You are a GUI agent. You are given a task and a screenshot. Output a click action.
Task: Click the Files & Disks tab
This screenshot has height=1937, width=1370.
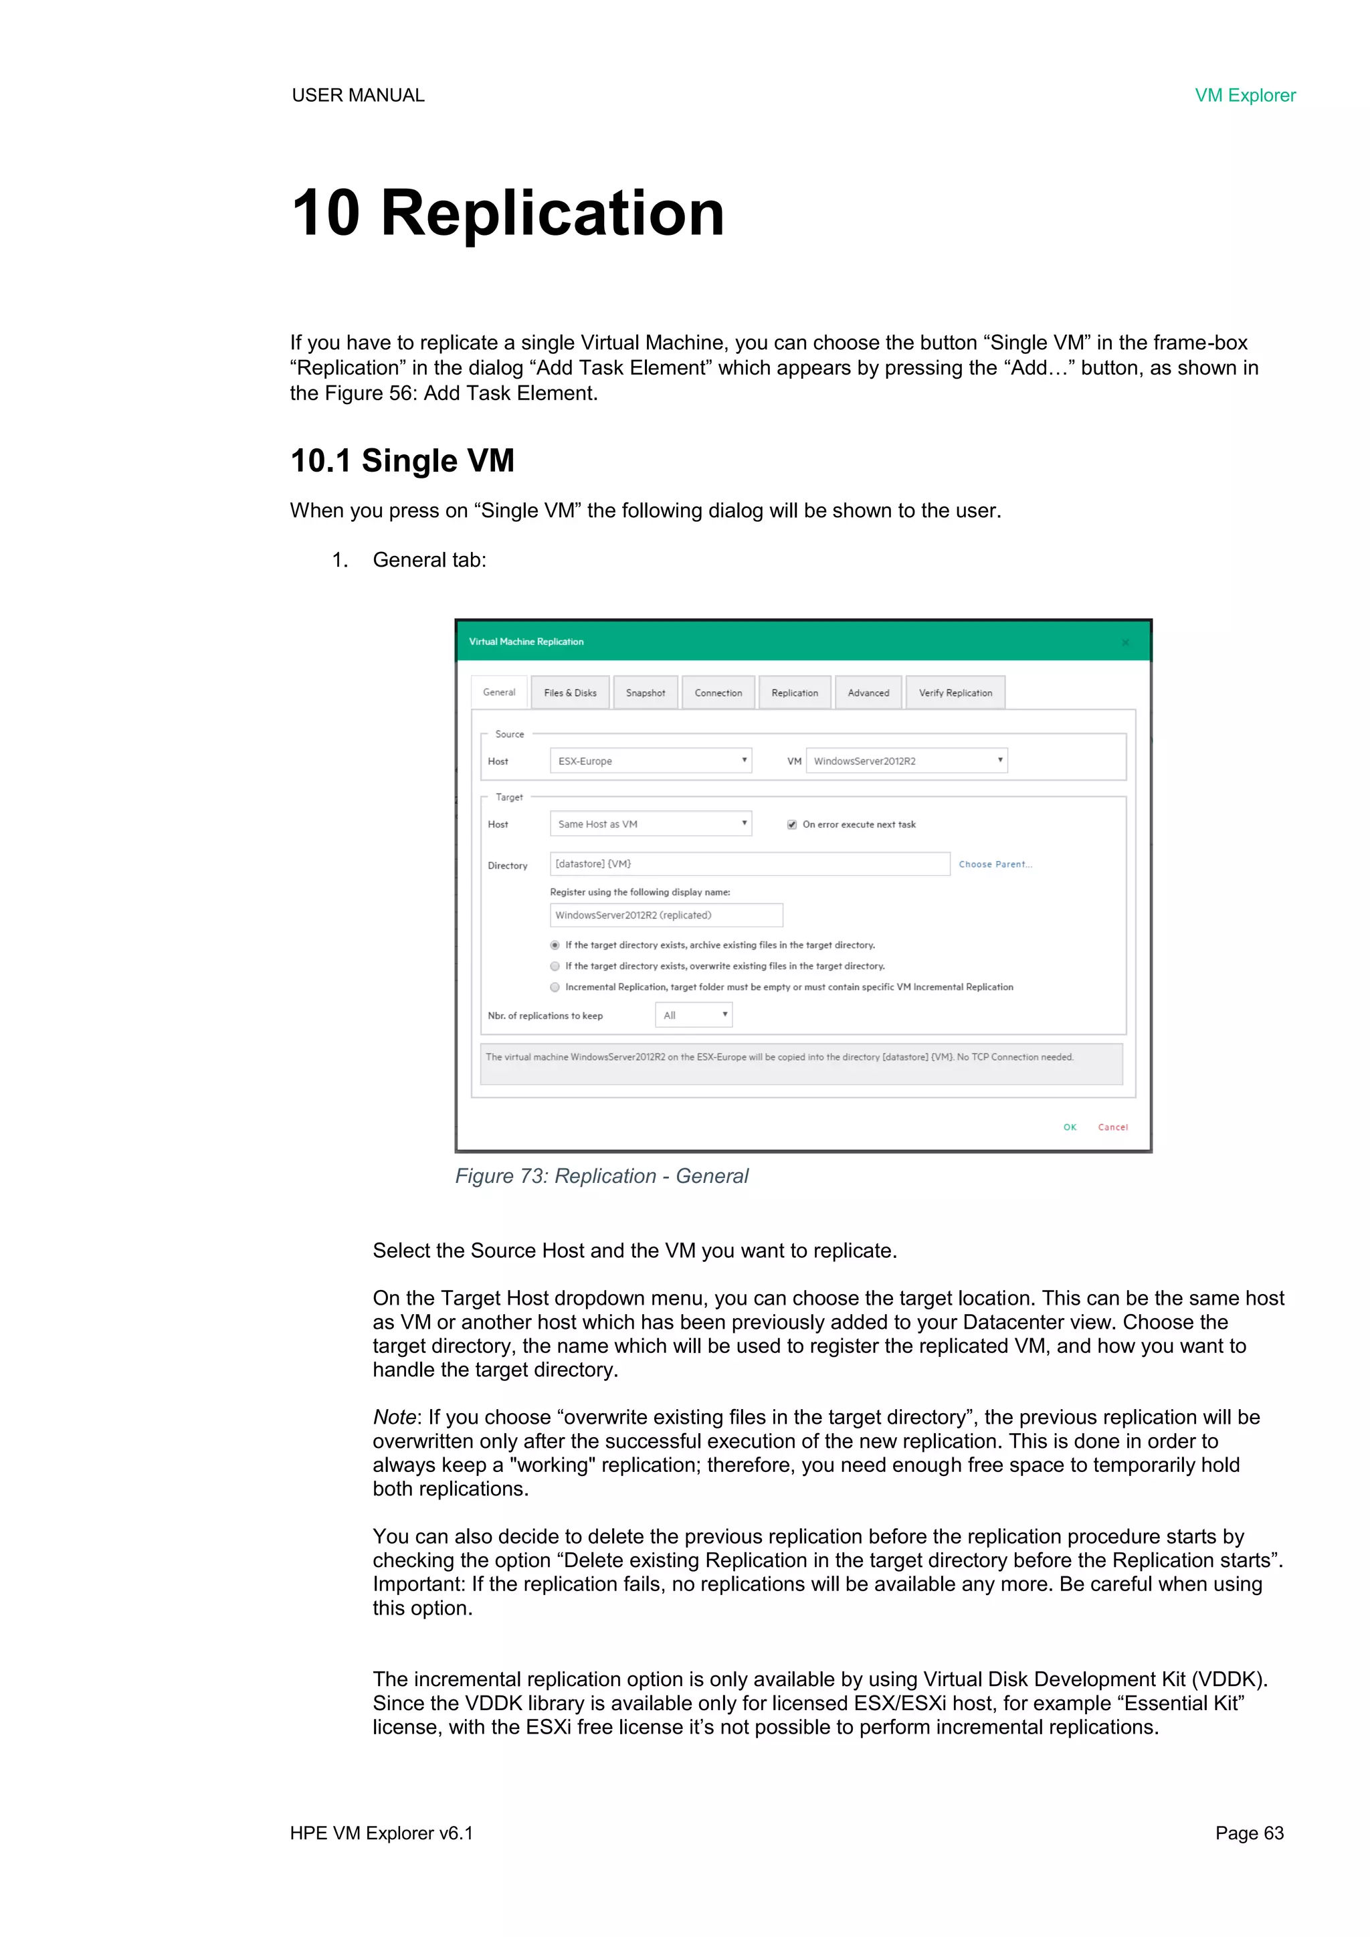pos(570,693)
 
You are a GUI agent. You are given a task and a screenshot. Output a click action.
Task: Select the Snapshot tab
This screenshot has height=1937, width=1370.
pos(646,693)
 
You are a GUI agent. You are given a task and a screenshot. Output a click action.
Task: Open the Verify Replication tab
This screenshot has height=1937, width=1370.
pos(955,693)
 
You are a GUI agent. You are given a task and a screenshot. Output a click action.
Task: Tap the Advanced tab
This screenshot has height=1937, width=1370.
pos(868,693)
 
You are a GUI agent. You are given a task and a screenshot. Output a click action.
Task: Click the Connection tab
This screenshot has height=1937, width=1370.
pos(718,693)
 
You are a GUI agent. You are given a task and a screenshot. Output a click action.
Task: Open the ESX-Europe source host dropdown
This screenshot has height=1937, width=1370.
pos(650,761)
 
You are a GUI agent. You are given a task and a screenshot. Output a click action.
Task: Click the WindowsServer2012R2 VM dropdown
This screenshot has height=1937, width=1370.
pos(906,761)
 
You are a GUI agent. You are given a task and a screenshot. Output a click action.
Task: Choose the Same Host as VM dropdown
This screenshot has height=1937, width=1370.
pos(650,824)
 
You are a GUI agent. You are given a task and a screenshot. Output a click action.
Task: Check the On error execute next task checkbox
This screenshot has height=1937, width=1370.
pos(792,825)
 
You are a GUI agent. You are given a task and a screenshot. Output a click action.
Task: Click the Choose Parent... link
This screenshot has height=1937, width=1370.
pos(995,864)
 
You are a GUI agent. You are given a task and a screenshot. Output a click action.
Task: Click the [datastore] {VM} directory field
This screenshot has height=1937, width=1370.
pos(749,864)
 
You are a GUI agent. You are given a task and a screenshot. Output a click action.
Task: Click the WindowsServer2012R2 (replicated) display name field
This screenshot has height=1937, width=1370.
pos(666,915)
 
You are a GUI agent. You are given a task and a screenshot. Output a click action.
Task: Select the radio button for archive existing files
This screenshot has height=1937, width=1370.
pos(555,945)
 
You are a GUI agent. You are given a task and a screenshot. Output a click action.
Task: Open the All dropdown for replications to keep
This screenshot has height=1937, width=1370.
pos(694,1016)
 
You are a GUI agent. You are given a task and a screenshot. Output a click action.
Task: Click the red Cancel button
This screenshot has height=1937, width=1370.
pos(1112,1128)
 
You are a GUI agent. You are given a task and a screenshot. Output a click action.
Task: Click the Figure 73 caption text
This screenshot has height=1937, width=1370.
pos(601,1177)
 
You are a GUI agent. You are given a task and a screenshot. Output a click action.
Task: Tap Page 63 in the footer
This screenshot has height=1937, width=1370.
pos(1248,1834)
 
